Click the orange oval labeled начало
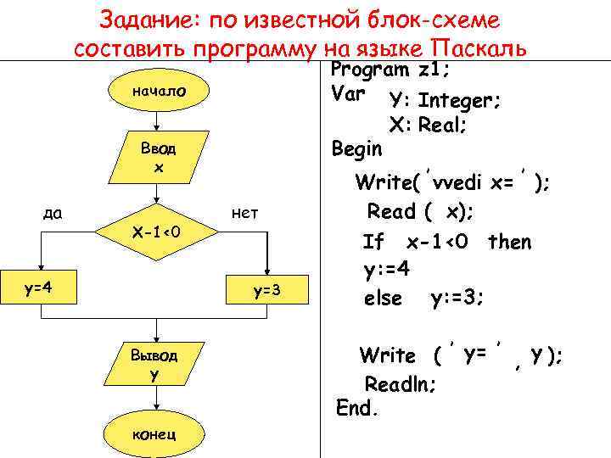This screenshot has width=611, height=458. [157, 92]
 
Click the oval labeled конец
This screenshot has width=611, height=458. [154, 434]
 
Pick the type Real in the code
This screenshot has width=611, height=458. [445, 126]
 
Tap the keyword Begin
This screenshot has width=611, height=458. [357, 149]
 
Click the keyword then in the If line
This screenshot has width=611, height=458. [509, 243]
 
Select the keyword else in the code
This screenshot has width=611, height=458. [383, 299]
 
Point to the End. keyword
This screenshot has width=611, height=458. [356, 408]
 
